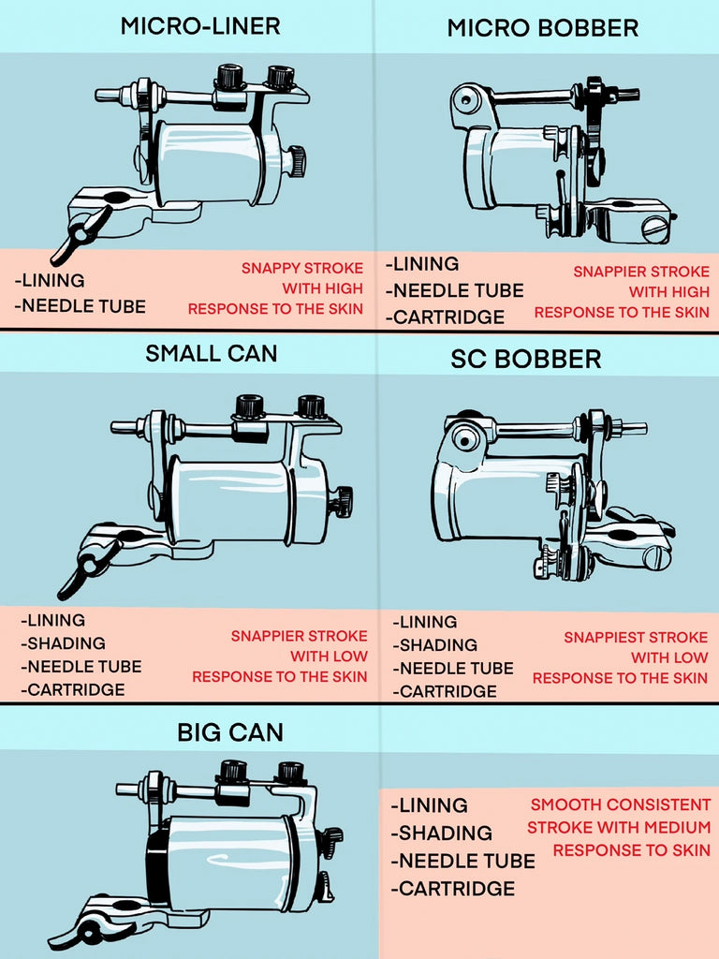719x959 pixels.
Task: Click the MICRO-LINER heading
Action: tap(199, 25)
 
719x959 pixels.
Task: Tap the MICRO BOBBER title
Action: tap(542, 28)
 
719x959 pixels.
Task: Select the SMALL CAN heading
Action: tap(211, 354)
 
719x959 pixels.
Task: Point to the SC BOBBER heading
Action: tap(525, 359)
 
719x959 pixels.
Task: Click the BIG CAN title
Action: tap(229, 731)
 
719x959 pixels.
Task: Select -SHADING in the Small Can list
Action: tap(63, 643)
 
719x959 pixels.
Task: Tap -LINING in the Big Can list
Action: tap(429, 805)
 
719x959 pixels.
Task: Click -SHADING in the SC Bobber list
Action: tap(435, 645)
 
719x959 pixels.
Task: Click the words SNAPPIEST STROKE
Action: tap(636, 637)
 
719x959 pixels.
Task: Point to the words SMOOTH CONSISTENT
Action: tap(620, 805)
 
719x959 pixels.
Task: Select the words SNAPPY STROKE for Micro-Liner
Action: tap(302, 269)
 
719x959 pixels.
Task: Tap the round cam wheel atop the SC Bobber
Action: tap(465, 437)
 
